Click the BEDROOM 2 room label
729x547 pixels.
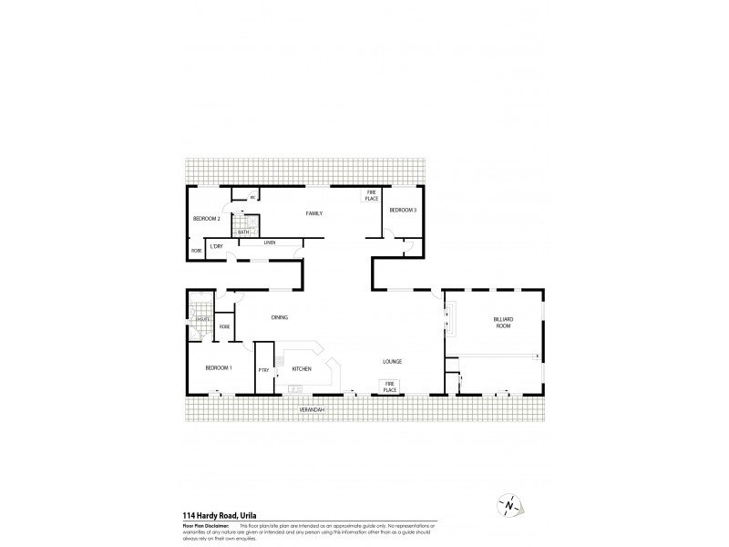coord(207,219)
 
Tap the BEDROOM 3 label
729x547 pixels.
coord(403,211)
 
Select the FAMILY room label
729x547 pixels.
coord(314,213)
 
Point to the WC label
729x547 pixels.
coord(241,198)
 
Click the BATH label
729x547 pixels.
coord(243,232)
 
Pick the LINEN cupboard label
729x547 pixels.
coord(270,243)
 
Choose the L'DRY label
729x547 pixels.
coord(217,248)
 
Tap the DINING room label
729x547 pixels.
coord(280,317)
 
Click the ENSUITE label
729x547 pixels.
coord(202,319)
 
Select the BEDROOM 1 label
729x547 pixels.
coord(219,367)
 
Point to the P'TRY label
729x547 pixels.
coord(262,369)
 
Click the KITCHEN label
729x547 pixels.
coord(302,368)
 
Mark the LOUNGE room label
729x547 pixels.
coord(393,362)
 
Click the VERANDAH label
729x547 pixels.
coord(313,411)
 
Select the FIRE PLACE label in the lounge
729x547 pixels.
coord(389,387)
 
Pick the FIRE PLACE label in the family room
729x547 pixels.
coord(372,196)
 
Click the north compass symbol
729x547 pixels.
coord(511,504)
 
